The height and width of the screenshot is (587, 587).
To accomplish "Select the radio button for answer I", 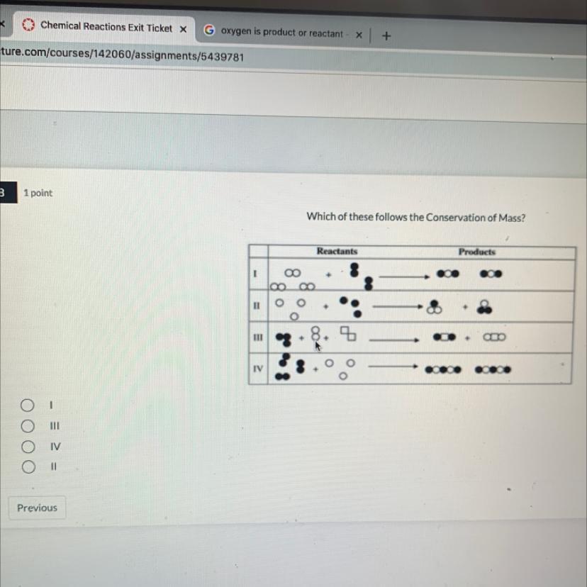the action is click(x=28, y=405).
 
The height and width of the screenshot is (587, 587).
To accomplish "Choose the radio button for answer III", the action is click(x=28, y=425).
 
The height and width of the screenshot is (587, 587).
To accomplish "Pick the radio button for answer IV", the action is click(x=28, y=446).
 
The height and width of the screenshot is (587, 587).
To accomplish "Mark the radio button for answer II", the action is click(x=28, y=466).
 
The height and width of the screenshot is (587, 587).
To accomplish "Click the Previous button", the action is click(x=37, y=508).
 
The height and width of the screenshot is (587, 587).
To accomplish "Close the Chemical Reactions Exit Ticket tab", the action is click(x=183, y=29).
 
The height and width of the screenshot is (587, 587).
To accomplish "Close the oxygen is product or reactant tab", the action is click(x=359, y=35).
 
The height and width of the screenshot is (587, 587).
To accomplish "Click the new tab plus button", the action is click(x=386, y=36).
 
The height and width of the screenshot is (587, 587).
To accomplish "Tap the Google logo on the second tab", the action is click(x=209, y=30).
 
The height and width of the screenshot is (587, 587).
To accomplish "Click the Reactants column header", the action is click(x=337, y=251).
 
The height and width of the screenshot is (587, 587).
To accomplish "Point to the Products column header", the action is click(x=477, y=252).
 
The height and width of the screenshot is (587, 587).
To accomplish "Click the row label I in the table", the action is click(x=255, y=274).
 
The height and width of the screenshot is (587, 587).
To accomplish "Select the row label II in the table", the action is click(x=257, y=306).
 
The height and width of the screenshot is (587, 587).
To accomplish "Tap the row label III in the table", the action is click(x=258, y=337).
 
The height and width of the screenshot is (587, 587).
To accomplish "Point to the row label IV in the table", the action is click(x=258, y=369).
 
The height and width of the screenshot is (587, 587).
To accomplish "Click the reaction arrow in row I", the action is click(x=404, y=276).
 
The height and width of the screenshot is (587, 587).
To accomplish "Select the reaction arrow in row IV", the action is click(x=393, y=367).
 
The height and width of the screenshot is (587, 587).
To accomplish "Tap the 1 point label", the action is click(x=38, y=193).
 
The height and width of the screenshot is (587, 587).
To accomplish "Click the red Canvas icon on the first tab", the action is click(x=28, y=25).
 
